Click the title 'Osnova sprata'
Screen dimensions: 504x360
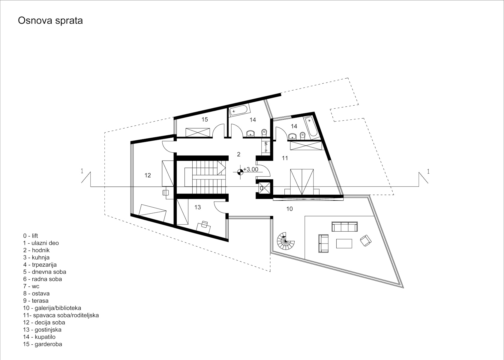click(50, 21)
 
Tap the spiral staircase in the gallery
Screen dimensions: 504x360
click(286, 241)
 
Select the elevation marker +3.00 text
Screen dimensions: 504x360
click(251, 169)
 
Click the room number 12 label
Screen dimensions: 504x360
click(148, 175)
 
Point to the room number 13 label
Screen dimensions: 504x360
click(197, 207)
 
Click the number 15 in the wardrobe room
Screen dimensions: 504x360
click(205, 119)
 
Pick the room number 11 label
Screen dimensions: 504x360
click(285, 158)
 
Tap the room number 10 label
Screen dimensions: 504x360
click(289, 209)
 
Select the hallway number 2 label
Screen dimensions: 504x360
click(239, 154)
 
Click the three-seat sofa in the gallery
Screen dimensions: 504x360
click(344, 226)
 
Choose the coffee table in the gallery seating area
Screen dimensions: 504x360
click(344, 244)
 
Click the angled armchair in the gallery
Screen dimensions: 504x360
click(366, 241)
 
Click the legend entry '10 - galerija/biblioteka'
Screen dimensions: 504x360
click(52, 308)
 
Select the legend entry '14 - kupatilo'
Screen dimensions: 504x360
click(39, 337)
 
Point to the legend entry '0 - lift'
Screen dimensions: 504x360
click(30, 236)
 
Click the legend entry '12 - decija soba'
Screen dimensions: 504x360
click(44, 322)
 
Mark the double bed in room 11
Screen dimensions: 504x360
click(302, 182)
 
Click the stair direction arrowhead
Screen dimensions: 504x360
click(221, 168)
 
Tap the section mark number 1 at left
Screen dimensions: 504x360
click(82, 171)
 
